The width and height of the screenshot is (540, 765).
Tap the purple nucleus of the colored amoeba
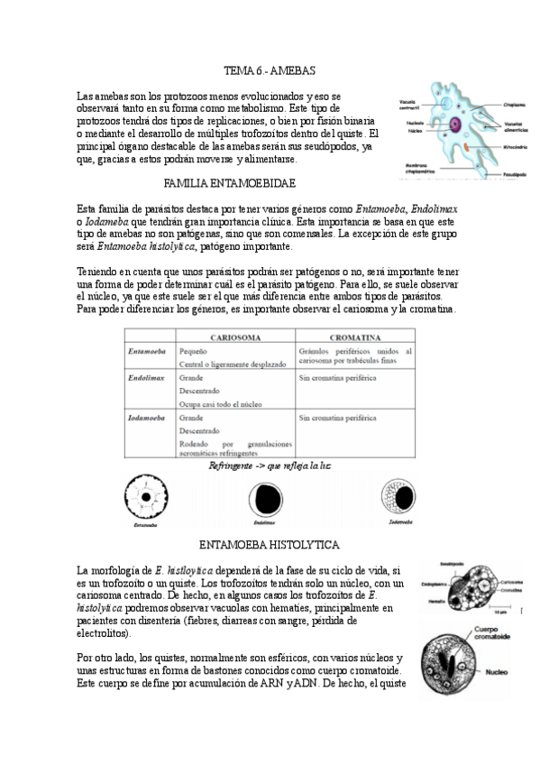[456, 124]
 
